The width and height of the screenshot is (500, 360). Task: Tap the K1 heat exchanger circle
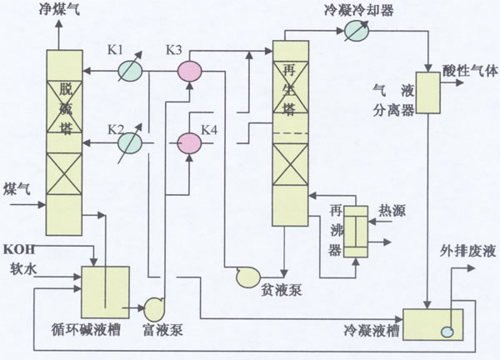[128, 72]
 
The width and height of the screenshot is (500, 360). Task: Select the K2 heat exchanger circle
[128, 143]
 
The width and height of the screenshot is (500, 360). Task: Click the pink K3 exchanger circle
[191, 72]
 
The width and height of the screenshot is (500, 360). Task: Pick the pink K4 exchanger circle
[191, 143]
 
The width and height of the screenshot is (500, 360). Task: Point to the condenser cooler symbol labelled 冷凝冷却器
[357, 31]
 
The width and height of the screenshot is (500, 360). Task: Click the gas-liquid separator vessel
[428, 91]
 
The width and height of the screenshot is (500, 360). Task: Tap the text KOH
[18, 249]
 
